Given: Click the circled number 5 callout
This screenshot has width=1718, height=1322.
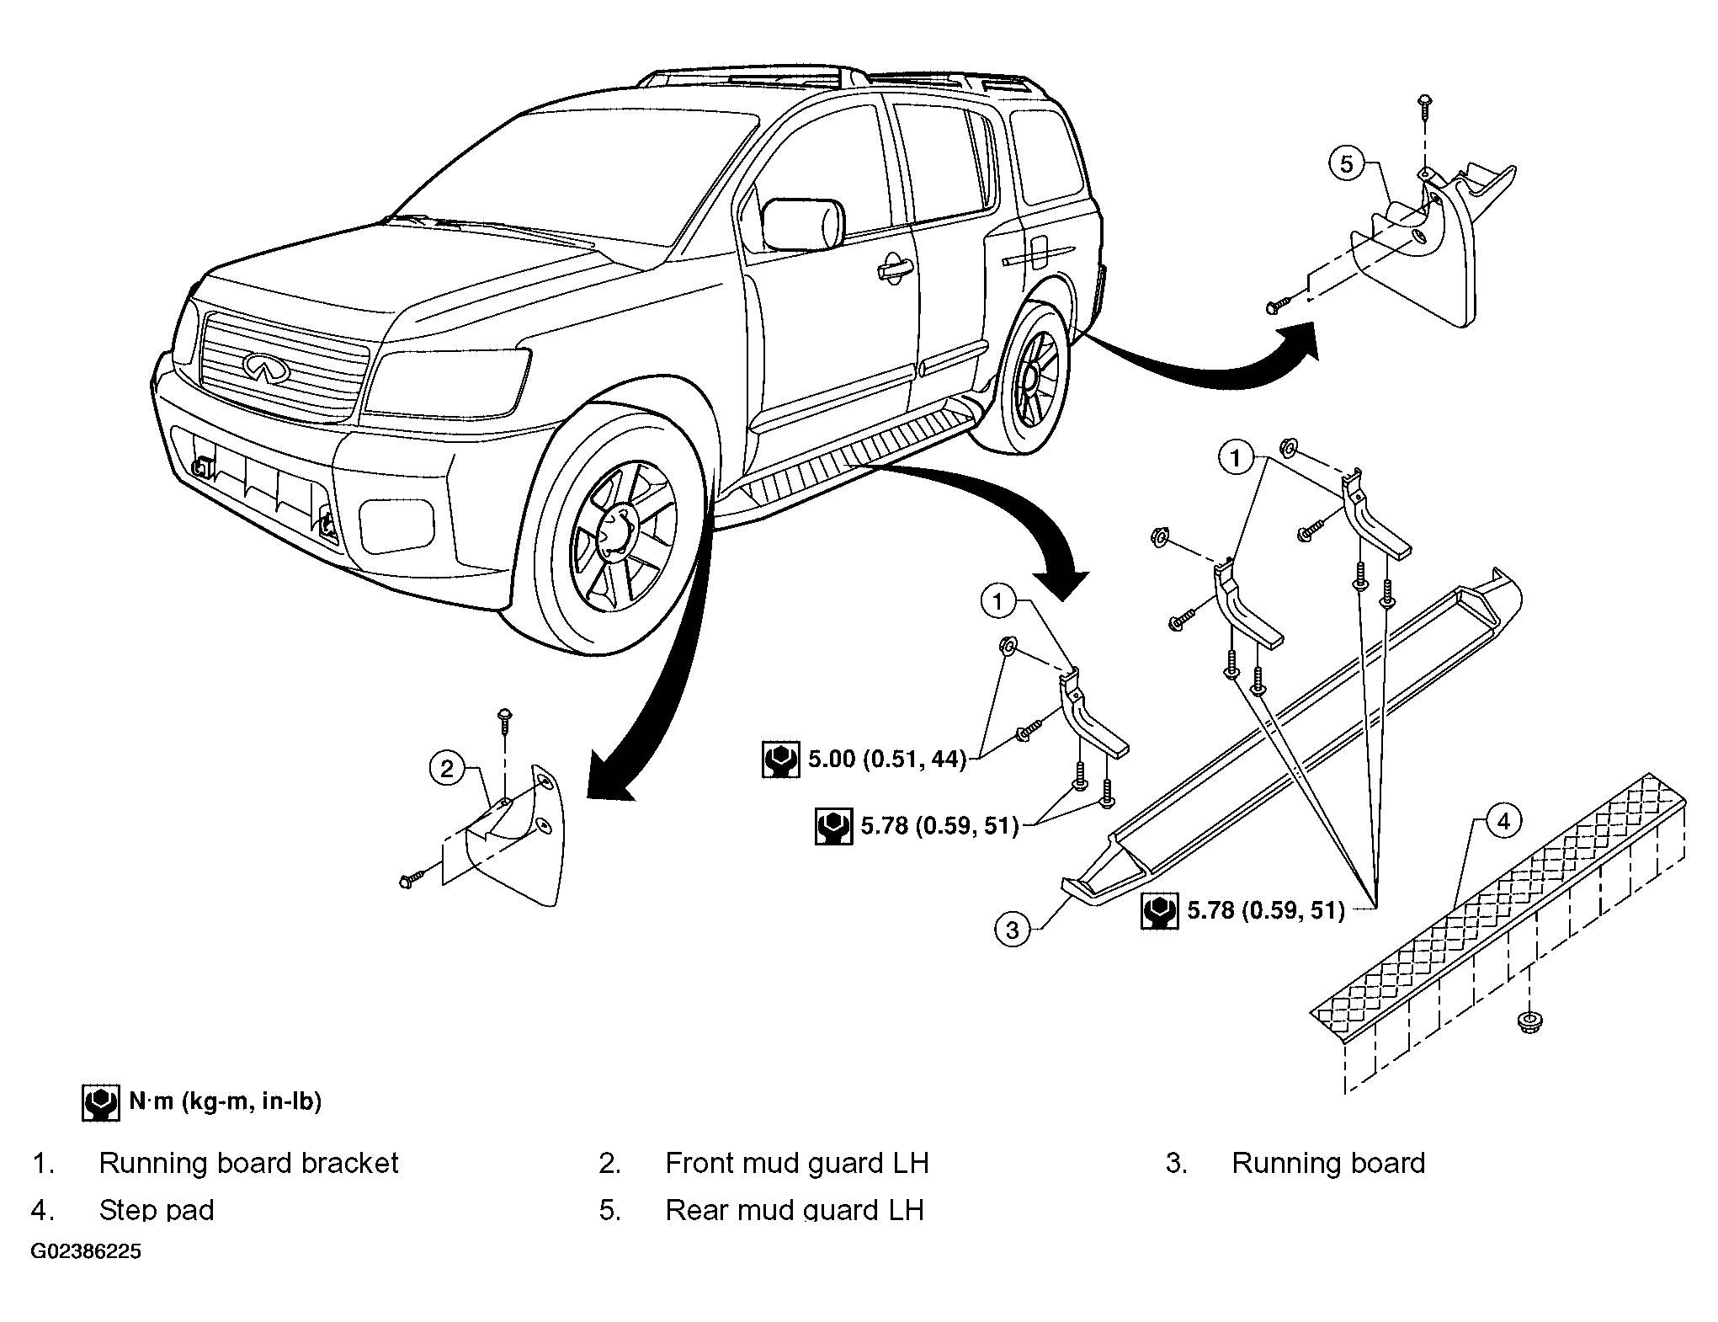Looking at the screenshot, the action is [x=1347, y=163].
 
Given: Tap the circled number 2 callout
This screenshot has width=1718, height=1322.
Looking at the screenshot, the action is [x=447, y=768].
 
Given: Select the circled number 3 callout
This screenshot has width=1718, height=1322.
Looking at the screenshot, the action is [x=1013, y=930].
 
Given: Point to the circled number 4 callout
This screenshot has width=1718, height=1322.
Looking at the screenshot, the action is [x=1505, y=821].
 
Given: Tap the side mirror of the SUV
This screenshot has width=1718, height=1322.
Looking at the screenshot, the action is [x=802, y=224].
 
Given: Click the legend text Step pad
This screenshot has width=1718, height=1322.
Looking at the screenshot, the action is [x=157, y=1210].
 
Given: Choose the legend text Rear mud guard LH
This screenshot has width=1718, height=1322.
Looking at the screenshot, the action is [x=795, y=1210].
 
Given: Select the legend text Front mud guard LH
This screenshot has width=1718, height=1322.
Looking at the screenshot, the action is [x=797, y=1163].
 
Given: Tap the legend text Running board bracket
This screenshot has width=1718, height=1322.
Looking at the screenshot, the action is [x=248, y=1163].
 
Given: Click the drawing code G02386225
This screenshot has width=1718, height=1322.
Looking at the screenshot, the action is [x=86, y=1251].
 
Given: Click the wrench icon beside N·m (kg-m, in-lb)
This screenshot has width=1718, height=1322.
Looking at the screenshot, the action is [x=100, y=1103].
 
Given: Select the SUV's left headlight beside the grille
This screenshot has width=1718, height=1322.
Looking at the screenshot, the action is [x=447, y=382].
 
